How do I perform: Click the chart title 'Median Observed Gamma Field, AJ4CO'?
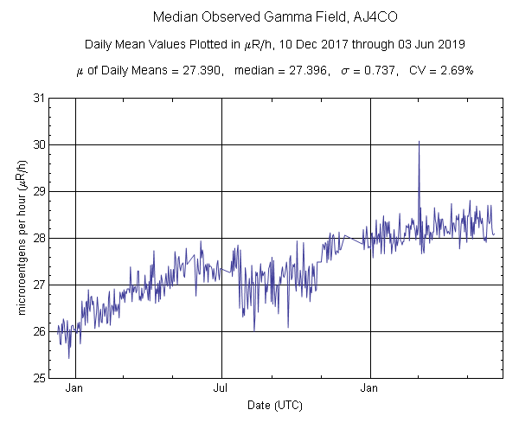pos(259,17)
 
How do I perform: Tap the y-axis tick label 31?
pos(39,99)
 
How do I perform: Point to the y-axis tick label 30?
pos(39,145)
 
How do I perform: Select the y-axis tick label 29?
pos(39,192)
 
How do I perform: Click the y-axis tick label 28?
pos(39,239)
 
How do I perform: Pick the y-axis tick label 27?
pos(39,285)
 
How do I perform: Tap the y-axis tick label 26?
pos(39,332)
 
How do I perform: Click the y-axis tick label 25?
pos(39,378)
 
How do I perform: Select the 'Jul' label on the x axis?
pos(222,388)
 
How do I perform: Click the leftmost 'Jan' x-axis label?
pos(75,388)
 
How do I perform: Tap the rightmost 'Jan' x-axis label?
pos(371,388)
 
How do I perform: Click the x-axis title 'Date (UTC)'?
pos(275,405)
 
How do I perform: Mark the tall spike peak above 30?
pos(419,142)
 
